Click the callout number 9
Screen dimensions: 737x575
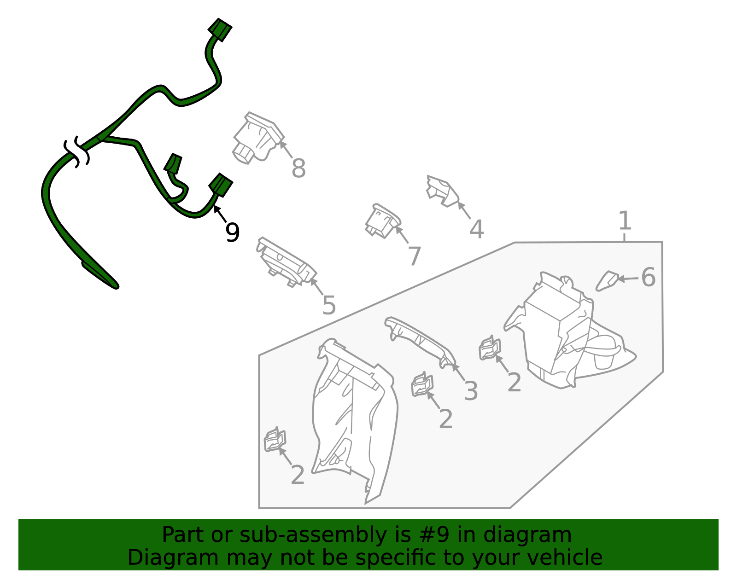tap(232, 232)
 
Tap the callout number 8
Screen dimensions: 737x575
tap(298, 168)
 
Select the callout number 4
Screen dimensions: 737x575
tap(476, 229)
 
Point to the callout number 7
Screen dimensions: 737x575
tap(415, 256)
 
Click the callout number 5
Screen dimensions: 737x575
tap(328, 305)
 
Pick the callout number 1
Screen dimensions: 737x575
tap(625, 221)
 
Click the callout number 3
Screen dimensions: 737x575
tap(471, 391)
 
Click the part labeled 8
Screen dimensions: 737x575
tap(258, 138)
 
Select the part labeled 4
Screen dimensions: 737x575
tap(442, 191)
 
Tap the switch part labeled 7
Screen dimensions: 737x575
tap(383, 221)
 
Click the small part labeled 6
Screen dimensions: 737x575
tap(607, 281)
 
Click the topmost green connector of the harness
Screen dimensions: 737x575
tap(220, 30)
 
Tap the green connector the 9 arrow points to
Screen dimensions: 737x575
tap(221, 185)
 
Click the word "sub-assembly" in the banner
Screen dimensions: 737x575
tap(313, 535)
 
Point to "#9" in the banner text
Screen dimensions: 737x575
tap(434, 534)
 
